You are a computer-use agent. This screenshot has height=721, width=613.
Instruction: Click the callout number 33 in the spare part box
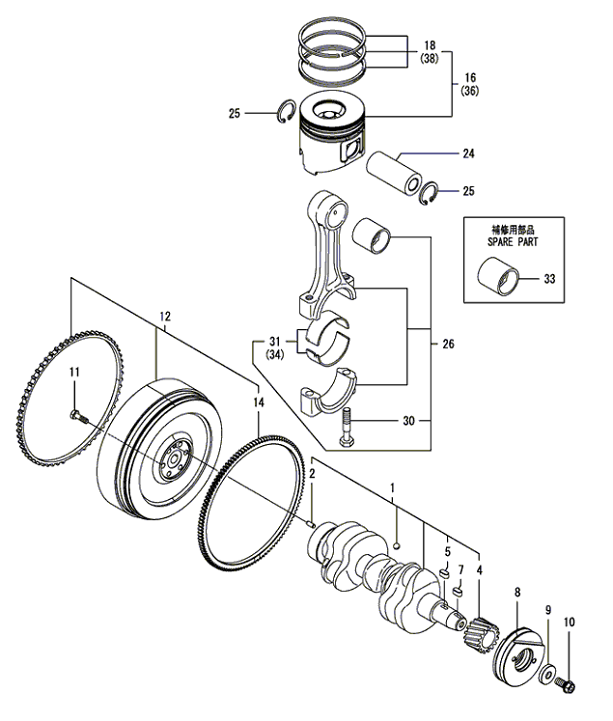tap(549, 279)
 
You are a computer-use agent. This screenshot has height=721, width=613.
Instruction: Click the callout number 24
tap(468, 153)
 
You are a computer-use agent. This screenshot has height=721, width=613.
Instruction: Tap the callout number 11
tap(74, 373)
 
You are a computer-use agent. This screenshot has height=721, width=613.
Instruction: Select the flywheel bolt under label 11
tap(76, 416)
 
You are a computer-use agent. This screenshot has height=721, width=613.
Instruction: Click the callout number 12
tap(165, 316)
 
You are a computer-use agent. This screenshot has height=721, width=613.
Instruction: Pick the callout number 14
tap(258, 402)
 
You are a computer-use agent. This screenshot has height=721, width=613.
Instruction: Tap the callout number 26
tap(447, 344)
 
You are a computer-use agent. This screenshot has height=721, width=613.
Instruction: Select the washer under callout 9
tap(546, 672)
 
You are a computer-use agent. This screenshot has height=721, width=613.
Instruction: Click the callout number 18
tap(430, 45)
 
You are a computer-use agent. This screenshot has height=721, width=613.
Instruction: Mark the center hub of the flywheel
tap(170, 458)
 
